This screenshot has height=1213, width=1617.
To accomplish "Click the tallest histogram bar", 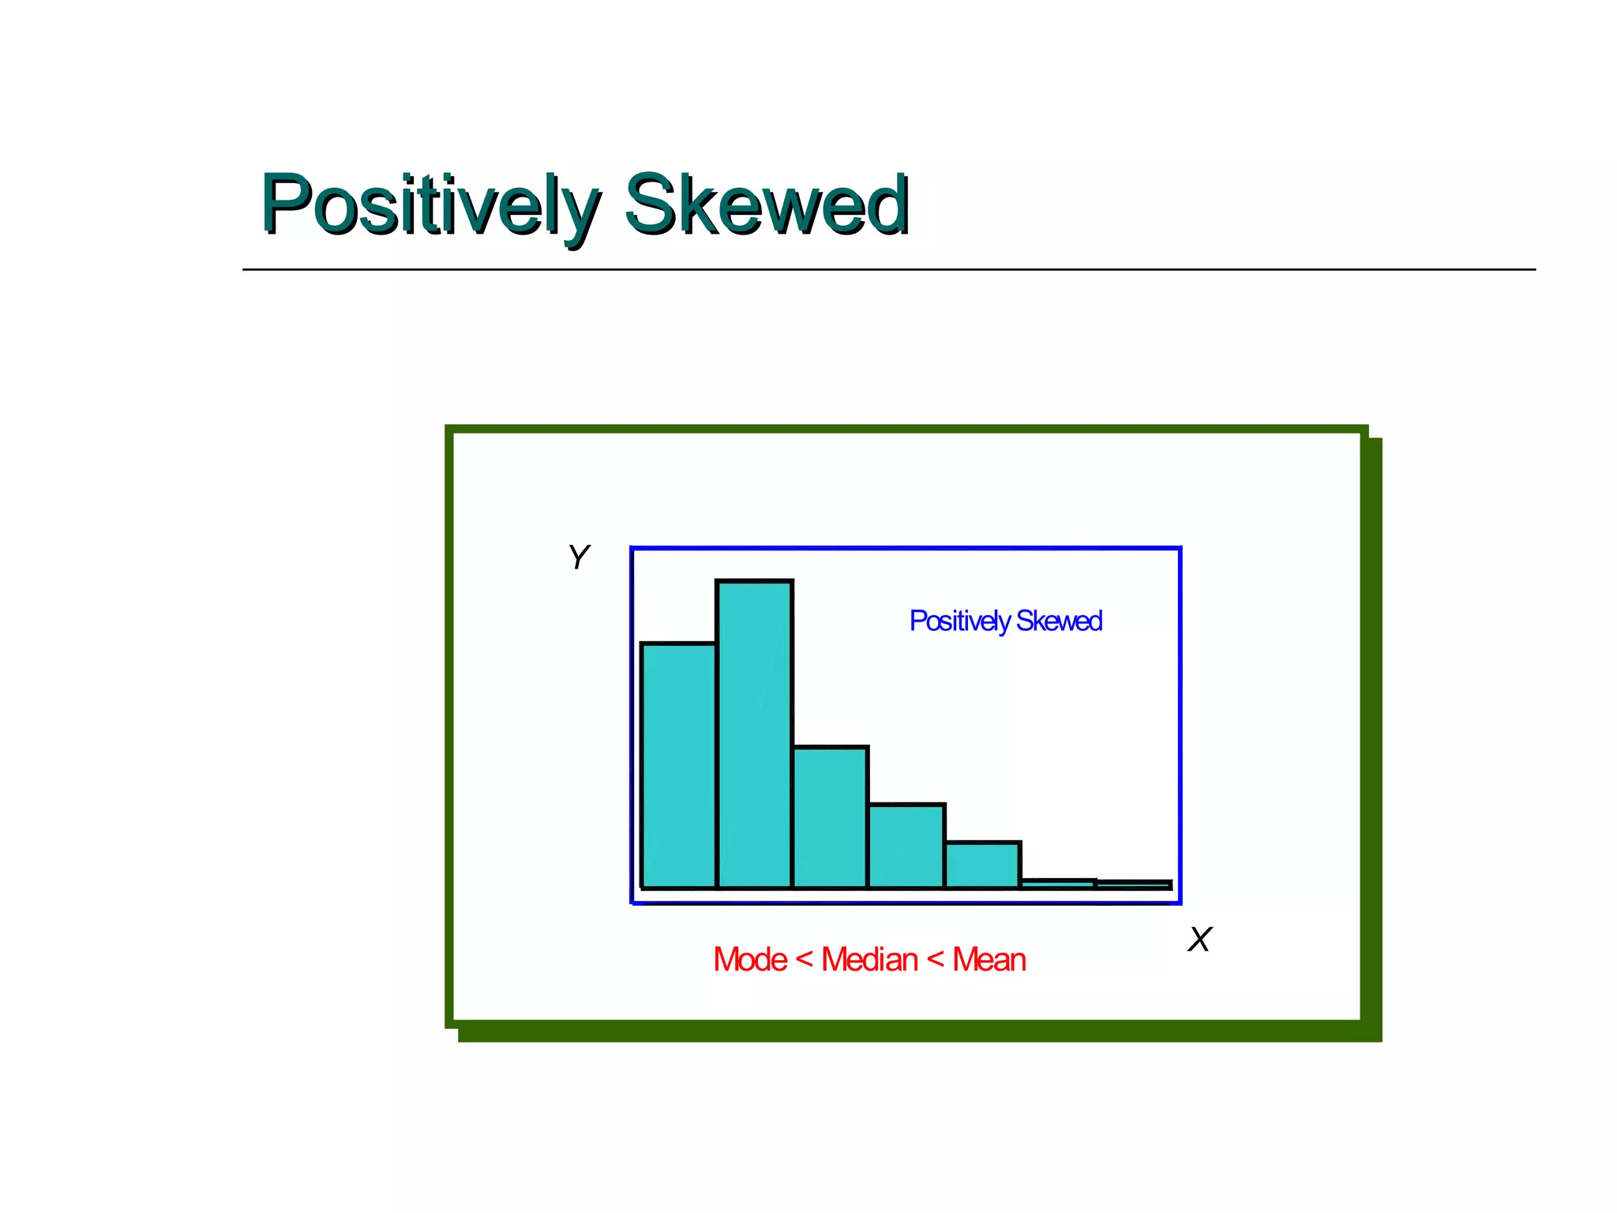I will click(x=754, y=734).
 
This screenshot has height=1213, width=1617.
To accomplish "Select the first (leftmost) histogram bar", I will click(x=678, y=766).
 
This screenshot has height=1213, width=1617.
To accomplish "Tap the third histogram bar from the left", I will click(x=830, y=817).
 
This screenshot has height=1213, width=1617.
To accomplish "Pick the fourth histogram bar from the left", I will click(x=906, y=847).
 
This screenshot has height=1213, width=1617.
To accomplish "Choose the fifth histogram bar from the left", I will click(x=982, y=866).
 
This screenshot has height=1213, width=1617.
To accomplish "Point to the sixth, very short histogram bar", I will click(x=1058, y=884).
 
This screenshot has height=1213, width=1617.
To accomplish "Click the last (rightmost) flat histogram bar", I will click(x=1134, y=884).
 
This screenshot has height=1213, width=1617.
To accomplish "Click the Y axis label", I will click(x=579, y=558).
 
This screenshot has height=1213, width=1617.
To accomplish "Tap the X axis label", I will click(x=1199, y=940).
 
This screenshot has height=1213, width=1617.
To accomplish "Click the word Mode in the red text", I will click(x=750, y=960).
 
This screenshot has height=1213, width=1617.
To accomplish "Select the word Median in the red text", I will click(x=869, y=960).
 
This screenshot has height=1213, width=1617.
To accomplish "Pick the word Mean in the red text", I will click(x=989, y=960).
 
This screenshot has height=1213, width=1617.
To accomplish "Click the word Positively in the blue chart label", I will click(x=959, y=622).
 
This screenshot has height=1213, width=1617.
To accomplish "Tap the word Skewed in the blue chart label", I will click(x=1059, y=622).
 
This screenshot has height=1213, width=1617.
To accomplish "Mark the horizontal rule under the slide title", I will click(x=888, y=269).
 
